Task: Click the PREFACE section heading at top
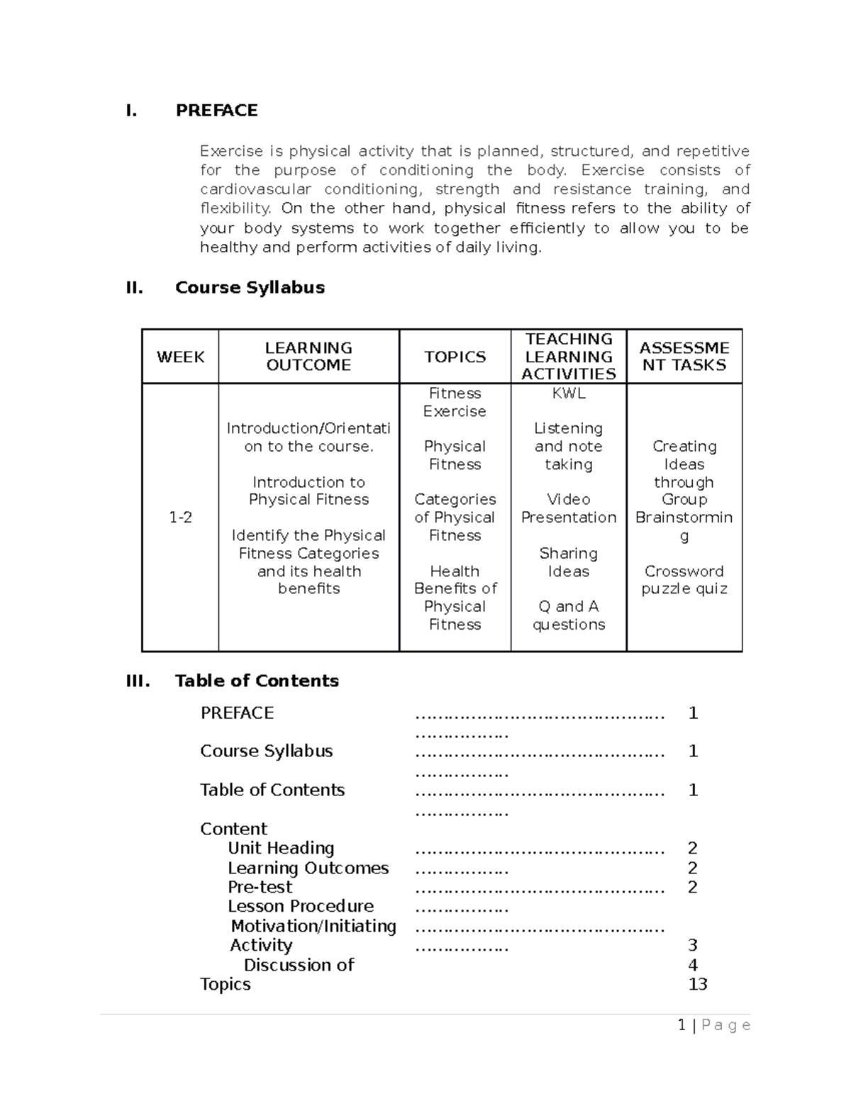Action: (216, 111)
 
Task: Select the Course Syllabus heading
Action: (250, 287)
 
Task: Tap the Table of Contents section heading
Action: (257, 681)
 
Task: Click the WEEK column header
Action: (180, 357)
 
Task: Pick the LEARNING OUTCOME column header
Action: (308, 357)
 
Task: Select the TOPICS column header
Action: (455, 357)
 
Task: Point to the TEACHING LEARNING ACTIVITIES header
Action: (568, 357)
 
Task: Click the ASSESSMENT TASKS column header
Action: (684, 357)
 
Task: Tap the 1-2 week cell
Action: (180, 518)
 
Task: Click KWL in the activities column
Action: (568, 393)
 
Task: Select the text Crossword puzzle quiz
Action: (684, 580)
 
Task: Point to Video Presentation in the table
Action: (568, 508)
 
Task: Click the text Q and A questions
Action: (568, 615)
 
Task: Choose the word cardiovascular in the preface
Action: (255, 189)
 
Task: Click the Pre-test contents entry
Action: (260, 887)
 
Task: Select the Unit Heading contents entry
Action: (281, 848)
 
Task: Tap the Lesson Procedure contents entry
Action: (301, 906)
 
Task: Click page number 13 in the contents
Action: (697, 984)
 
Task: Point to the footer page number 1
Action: (682, 1025)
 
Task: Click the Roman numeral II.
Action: (134, 287)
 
